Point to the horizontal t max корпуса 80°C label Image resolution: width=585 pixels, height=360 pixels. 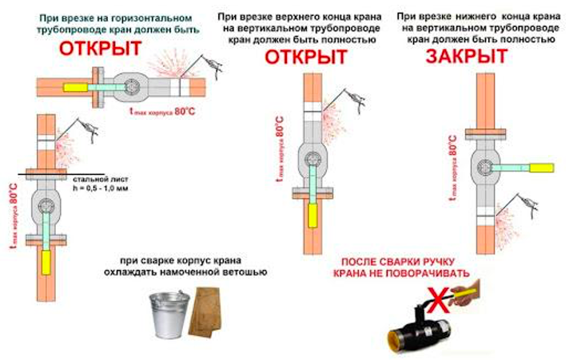click(x=161, y=112)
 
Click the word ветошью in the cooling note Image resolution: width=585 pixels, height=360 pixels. click(x=243, y=272)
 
